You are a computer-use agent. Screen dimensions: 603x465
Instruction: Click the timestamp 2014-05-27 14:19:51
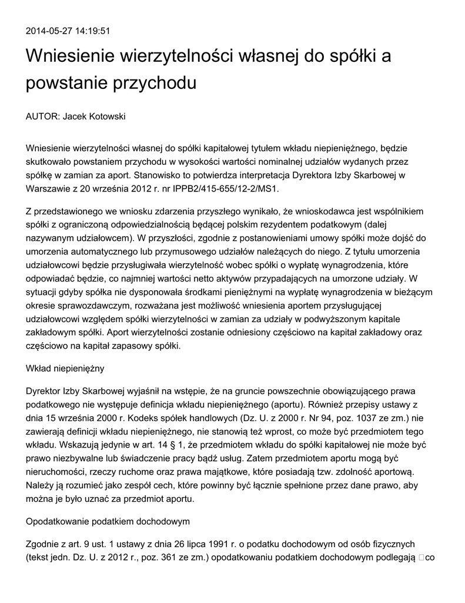pos(68,31)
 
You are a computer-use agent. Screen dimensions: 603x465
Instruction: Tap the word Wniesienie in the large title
pos(70,57)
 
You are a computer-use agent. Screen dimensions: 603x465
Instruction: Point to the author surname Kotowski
pos(107,117)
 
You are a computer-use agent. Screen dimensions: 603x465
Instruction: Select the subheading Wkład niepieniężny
pos(65,368)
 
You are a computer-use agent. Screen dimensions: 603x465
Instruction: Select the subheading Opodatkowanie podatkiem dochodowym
pos(108,521)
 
